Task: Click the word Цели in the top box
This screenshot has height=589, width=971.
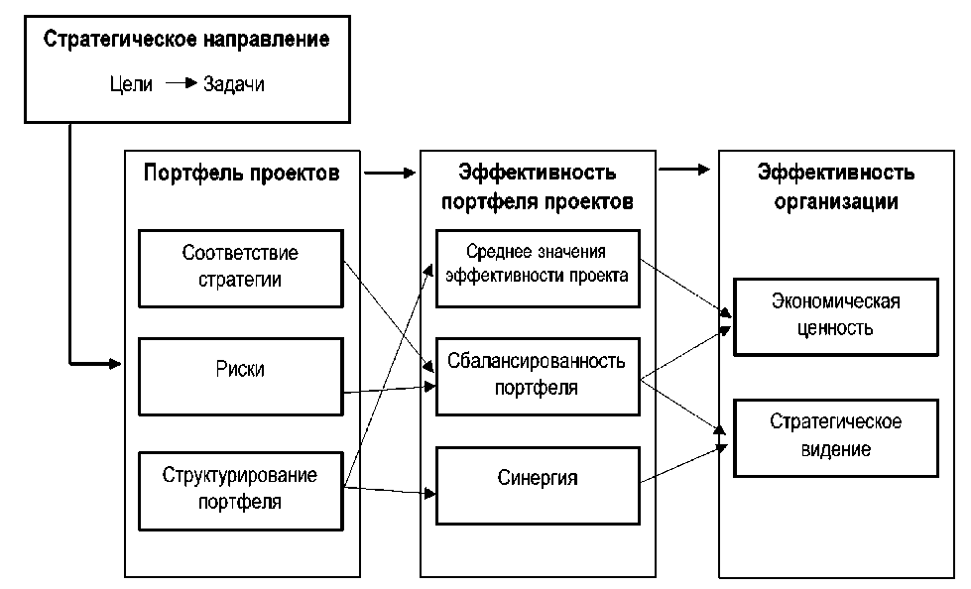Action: click(131, 83)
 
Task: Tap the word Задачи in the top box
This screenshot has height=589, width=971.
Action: click(233, 83)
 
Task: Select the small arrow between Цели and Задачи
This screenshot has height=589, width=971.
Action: click(181, 82)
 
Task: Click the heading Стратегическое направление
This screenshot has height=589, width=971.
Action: click(186, 39)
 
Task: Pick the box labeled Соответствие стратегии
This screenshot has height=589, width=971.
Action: click(240, 268)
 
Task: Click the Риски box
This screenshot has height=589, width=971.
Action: click(240, 377)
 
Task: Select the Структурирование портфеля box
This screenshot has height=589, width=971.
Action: click(240, 491)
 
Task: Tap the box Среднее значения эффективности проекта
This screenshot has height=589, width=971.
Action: click(538, 268)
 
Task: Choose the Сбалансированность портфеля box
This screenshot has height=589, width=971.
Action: click(538, 377)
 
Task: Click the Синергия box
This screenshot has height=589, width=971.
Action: click(538, 486)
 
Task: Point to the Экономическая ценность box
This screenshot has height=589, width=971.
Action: click(835, 317)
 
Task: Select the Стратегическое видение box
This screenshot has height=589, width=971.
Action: click(835, 438)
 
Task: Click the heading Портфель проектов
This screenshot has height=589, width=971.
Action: click(242, 173)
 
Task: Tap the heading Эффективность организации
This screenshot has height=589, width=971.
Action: click(836, 186)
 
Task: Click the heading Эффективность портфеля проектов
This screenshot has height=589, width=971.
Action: click(538, 186)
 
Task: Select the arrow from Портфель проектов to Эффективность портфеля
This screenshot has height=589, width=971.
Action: click(390, 173)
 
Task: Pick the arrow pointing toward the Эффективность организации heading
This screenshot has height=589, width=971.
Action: click(684, 170)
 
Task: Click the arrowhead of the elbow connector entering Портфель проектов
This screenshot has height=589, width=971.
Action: click(115, 364)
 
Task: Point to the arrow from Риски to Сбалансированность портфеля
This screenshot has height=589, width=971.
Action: click(389, 390)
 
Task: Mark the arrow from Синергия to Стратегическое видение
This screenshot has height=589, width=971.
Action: click(683, 464)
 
